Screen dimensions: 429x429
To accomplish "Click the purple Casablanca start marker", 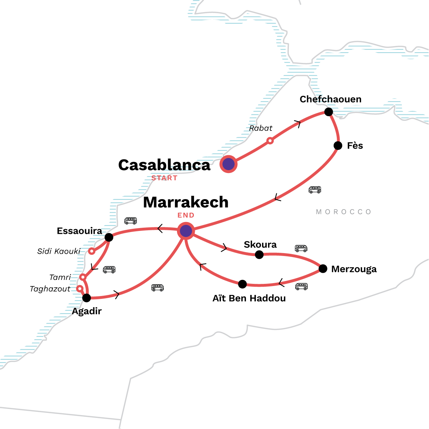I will [228, 164].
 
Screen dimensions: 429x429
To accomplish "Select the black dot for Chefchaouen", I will [329, 112].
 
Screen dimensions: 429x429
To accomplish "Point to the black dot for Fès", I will [338, 146].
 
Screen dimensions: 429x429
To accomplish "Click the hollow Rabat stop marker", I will [270, 141].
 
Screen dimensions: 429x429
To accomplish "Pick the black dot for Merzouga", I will [323, 268].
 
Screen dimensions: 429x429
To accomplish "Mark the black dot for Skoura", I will [259, 255].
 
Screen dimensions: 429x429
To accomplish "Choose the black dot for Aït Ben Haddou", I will [242, 284].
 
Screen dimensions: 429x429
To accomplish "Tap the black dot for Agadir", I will [87, 297].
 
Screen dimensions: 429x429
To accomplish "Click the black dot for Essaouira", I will [109, 237].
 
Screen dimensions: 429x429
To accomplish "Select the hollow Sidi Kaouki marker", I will [92, 251].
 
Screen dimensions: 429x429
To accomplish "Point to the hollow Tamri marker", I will [83, 277].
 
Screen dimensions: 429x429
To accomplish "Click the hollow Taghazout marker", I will [80, 289].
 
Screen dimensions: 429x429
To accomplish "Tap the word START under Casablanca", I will [164, 178].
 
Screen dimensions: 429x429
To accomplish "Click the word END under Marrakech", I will [186, 215].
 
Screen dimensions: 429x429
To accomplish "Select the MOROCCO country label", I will [344, 212].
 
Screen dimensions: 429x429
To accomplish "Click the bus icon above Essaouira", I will [130, 221].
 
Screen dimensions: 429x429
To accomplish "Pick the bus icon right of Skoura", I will [301, 248].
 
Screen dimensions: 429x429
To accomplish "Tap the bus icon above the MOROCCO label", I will [315, 189].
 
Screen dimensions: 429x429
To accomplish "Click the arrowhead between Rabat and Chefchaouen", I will [297, 124].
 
